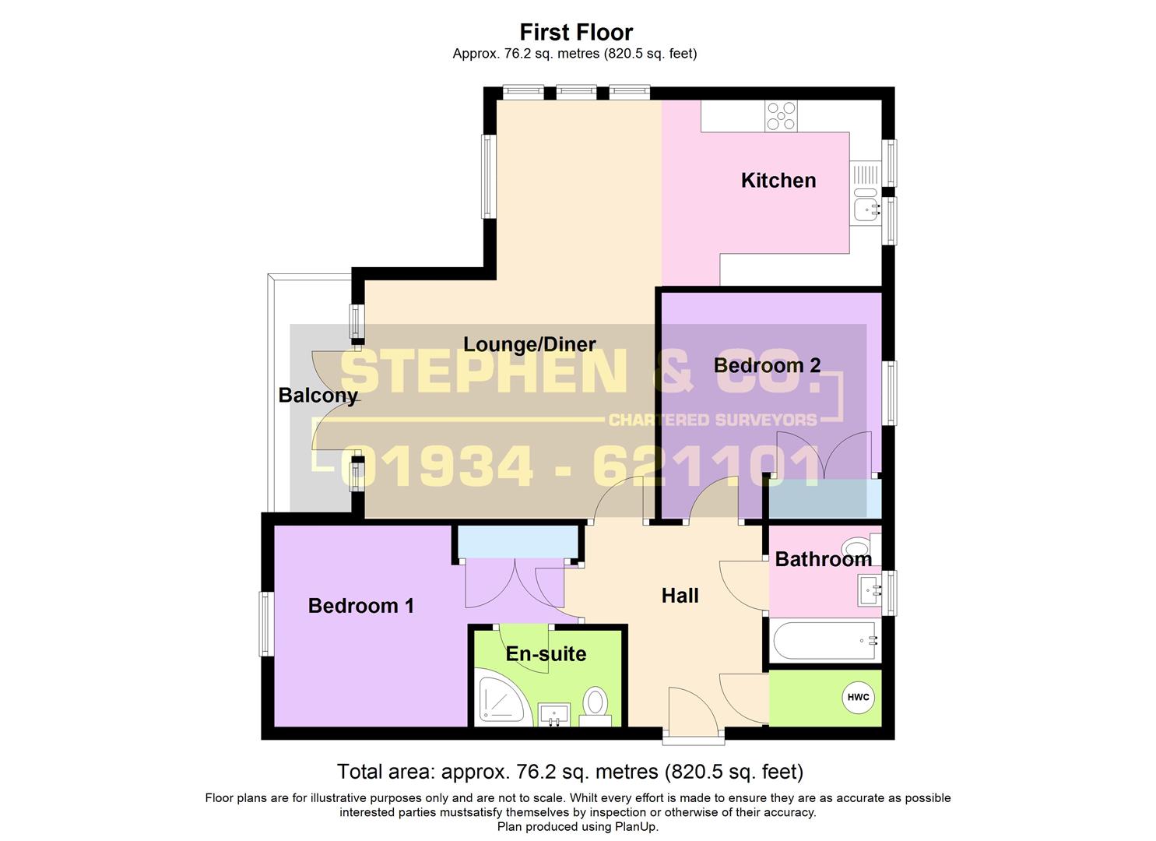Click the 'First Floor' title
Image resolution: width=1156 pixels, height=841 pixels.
pyautogui.click(x=576, y=32)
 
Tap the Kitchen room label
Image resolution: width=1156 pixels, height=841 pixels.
pyautogui.click(x=778, y=181)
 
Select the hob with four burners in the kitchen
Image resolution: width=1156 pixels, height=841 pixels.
pyautogui.click(x=780, y=117)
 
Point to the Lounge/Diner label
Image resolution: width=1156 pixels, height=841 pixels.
pyautogui.click(x=529, y=344)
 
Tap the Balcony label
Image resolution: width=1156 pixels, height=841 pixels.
pyautogui.click(x=318, y=396)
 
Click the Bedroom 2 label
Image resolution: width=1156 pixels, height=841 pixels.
pyautogui.click(x=767, y=365)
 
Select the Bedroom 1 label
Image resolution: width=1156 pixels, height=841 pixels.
pyautogui.click(x=360, y=606)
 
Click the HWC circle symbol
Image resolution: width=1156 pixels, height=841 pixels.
pyautogui.click(x=858, y=697)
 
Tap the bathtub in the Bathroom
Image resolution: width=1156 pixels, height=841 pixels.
pyautogui.click(x=824, y=641)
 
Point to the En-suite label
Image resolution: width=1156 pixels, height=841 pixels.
pyautogui.click(x=546, y=654)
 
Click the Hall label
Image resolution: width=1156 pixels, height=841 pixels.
pyautogui.click(x=680, y=596)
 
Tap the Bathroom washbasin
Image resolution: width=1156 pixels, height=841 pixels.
pyautogui.click(x=870, y=589)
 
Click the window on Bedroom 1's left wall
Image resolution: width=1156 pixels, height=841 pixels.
pyautogui.click(x=266, y=624)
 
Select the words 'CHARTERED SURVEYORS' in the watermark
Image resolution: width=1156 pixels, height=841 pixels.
pyautogui.click(x=712, y=420)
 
